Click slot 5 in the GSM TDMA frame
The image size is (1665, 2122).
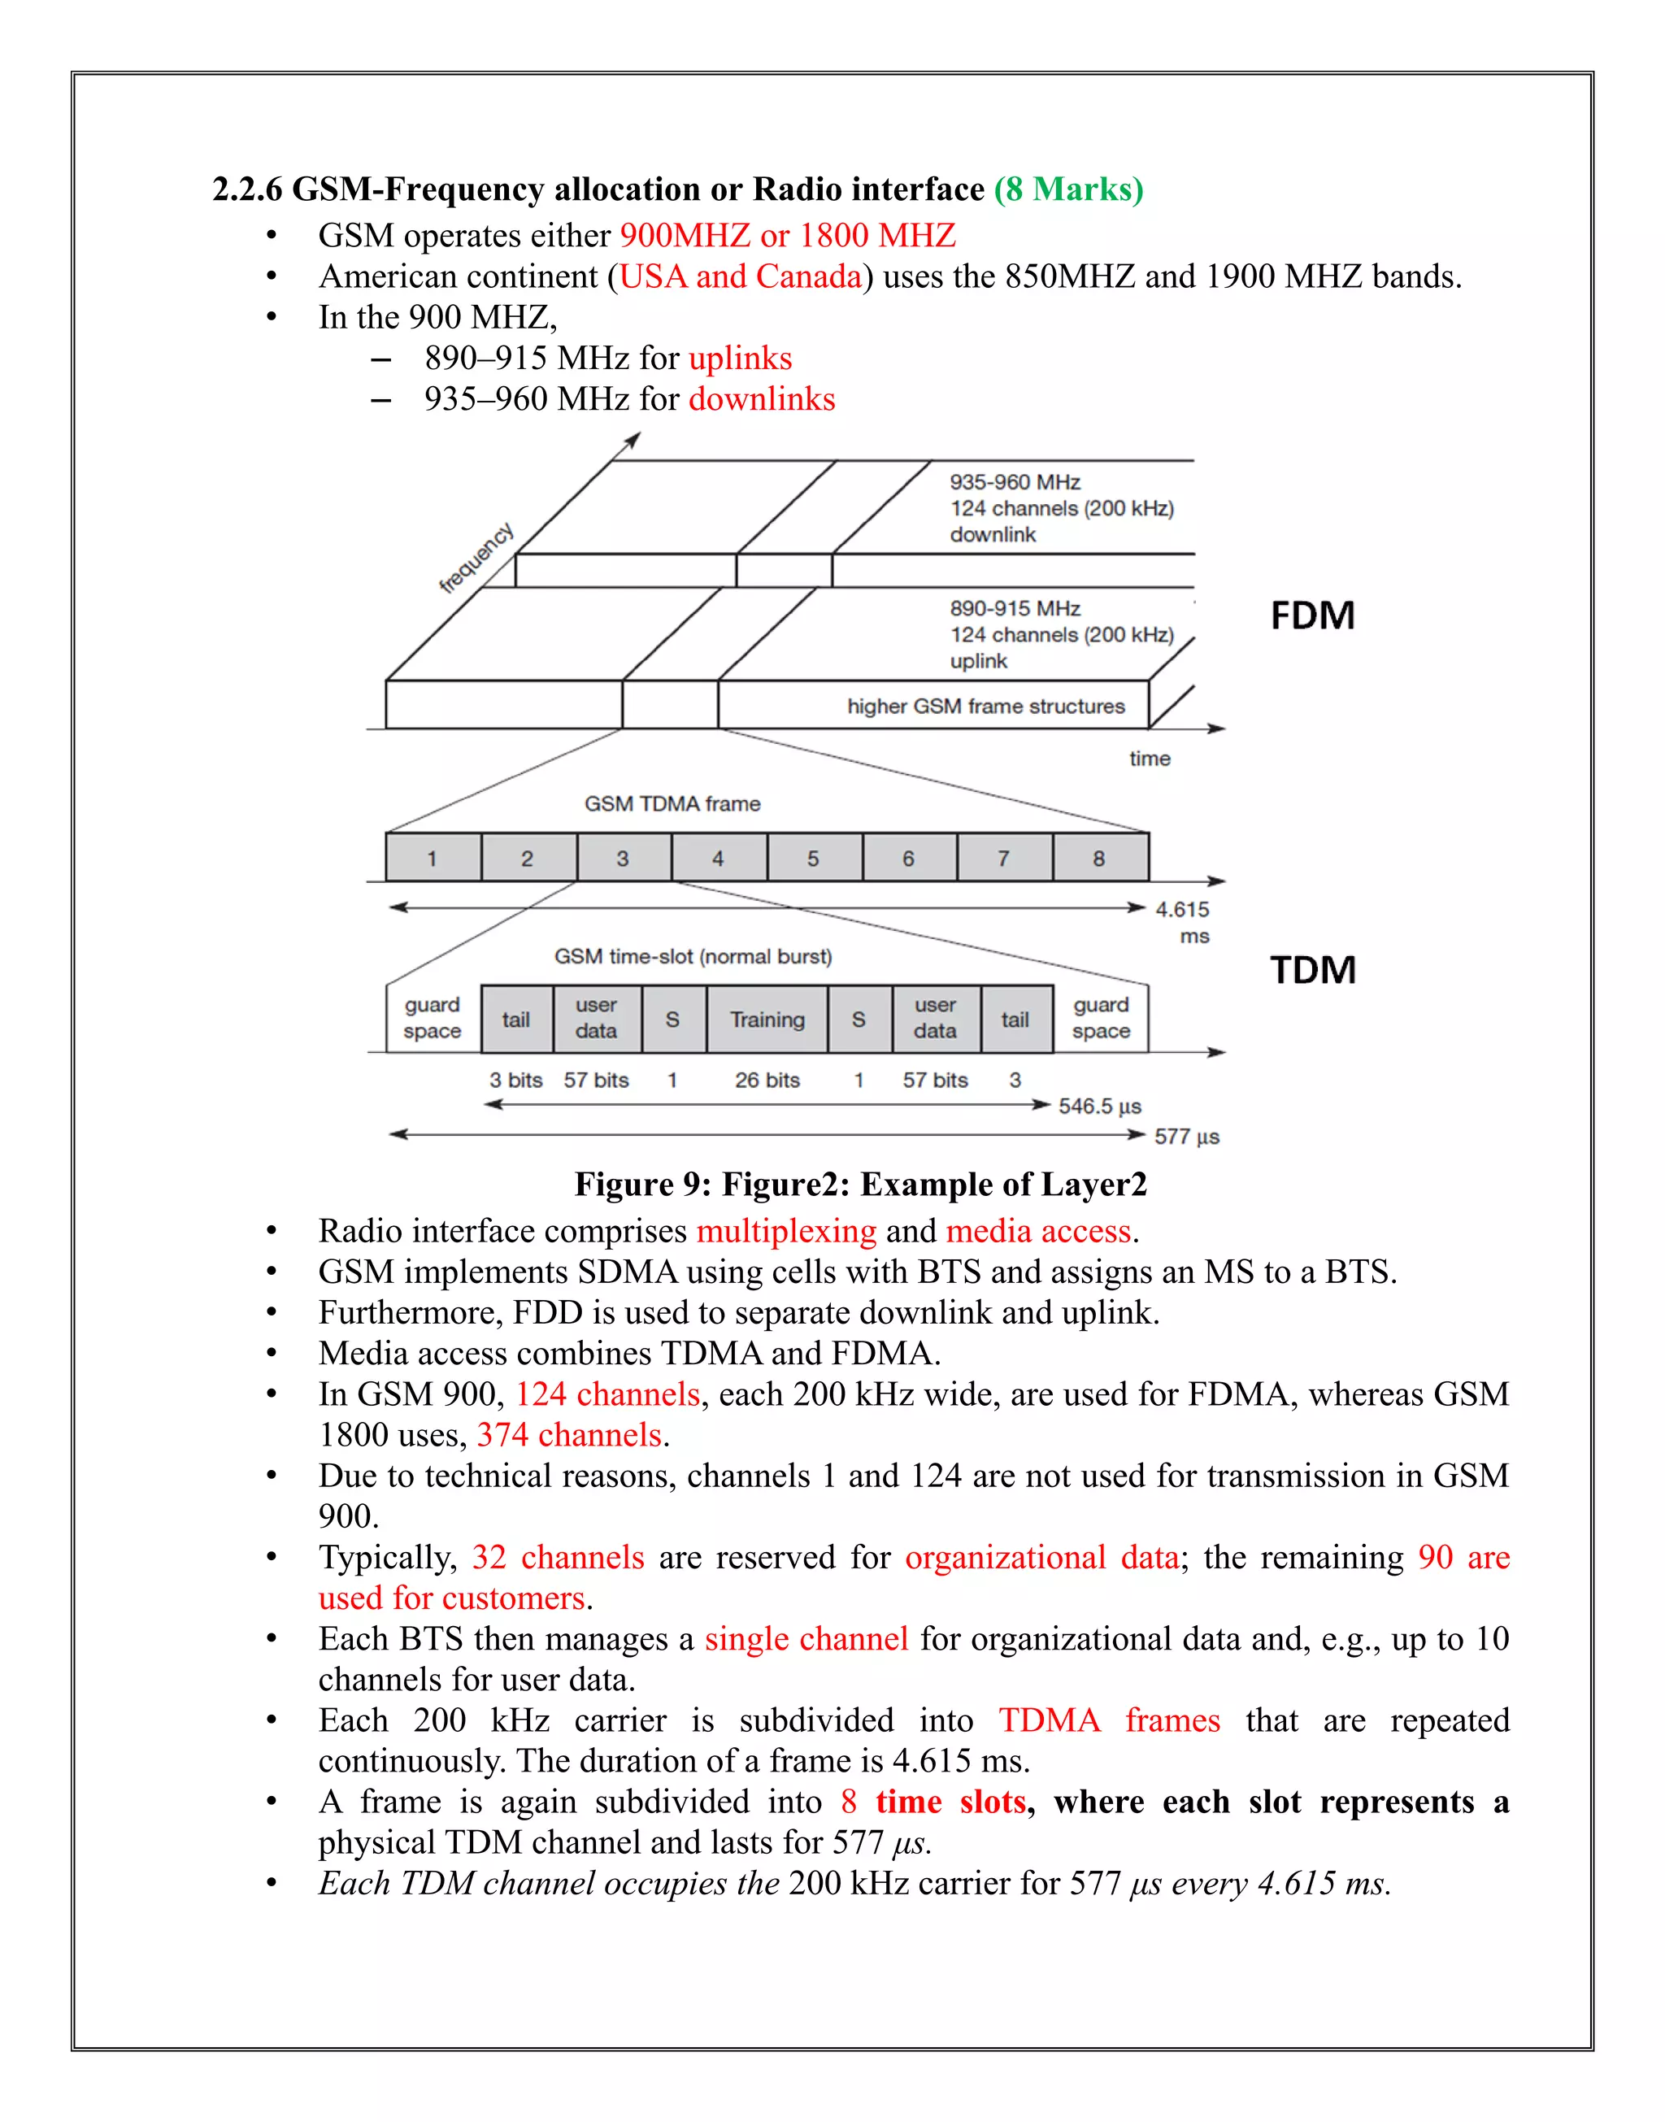click(x=814, y=858)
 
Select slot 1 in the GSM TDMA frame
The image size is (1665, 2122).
click(x=432, y=858)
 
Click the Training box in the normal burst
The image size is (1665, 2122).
click(x=767, y=1020)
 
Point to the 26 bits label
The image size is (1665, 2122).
click(x=767, y=1080)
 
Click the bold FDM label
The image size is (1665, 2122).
click(x=1312, y=616)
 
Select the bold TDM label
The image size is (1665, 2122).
click(x=1312, y=970)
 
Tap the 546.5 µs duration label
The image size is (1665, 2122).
click(x=1100, y=1107)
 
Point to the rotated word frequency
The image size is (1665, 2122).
click(x=476, y=558)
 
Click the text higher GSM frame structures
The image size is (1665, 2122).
click(x=985, y=706)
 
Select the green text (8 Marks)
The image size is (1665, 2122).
click(x=1068, y=189)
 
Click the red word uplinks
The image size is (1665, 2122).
click(x=740, y=359)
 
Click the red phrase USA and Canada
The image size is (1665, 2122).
click(x=741, y=276)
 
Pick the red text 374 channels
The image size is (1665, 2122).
click(x=569, y=1435)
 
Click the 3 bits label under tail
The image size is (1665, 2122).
click(x=515, y=1080)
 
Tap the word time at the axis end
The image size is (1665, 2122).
click(x=1150, y=759)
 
